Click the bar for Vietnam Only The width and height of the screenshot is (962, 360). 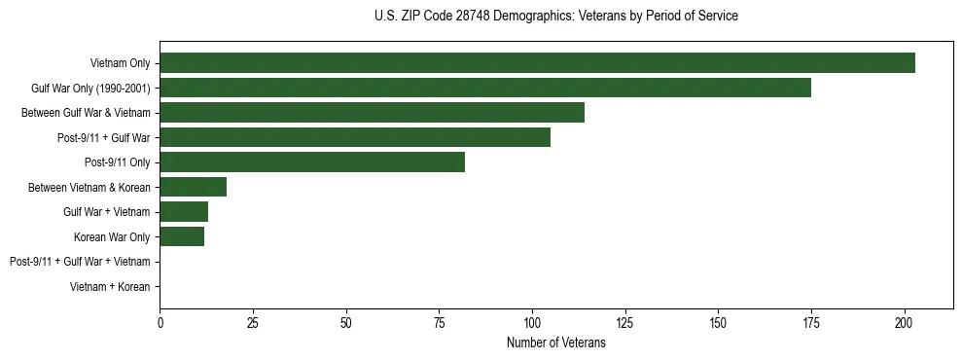pos(537,63)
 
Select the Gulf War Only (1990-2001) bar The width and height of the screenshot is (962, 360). pos(485,89)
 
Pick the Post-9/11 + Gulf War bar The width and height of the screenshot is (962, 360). pos(355,137)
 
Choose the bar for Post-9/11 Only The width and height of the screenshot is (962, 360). pos(312,162)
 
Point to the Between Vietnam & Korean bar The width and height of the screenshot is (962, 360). pos(193,187)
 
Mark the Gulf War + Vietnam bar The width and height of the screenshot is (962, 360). pos(184,211)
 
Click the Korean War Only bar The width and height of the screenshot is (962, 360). pos(182,236)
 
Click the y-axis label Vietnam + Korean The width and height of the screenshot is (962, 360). pos(110,287)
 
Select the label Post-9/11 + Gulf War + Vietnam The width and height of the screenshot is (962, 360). pos(80,262)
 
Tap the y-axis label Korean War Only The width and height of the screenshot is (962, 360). pos(112,236)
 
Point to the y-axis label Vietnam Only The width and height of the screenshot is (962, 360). pos(120,63)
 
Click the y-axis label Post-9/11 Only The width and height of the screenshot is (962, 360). pos(119,162)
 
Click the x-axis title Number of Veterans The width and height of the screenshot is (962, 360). pos(555,342)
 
